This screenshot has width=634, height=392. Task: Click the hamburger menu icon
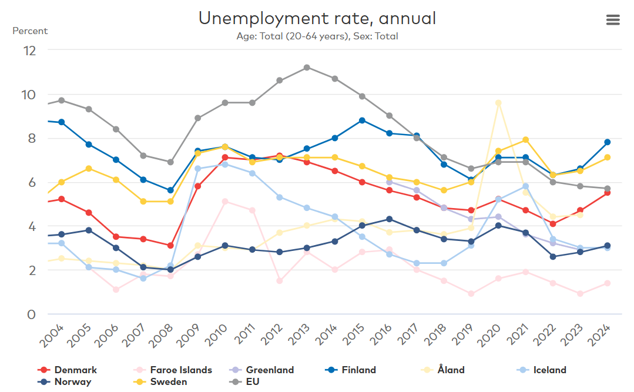click(613, 19)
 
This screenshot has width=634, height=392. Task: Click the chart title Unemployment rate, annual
click(317, 18)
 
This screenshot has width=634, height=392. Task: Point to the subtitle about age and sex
click(317, 36)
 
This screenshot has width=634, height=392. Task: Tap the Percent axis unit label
click(30, 31)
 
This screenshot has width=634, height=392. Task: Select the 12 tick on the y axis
click(29, 51)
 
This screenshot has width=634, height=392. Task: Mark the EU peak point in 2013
click(307, 68)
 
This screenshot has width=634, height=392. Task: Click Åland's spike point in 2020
click(498, 103)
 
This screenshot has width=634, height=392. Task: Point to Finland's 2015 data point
click(362, 120)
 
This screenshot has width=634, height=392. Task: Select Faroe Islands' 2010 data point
click(225, 202)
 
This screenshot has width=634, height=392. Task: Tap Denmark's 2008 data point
click(170, 246)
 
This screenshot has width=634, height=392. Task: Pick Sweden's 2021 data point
click(526, 140)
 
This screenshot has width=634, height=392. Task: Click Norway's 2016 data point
click(389, 219)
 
